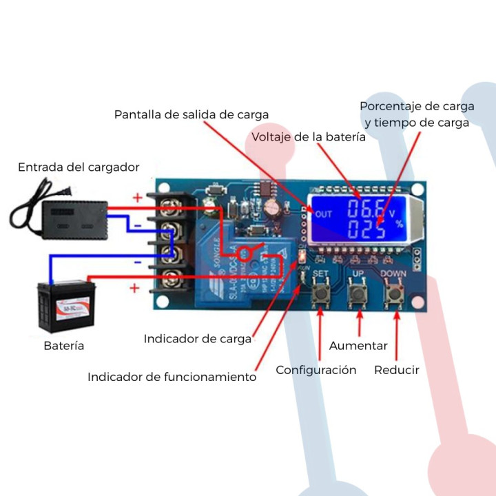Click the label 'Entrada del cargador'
(x=79, y=167)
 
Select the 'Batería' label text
(x=64, y=346)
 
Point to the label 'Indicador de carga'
(x=198, y=339)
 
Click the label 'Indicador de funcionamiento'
(x=172, y=377)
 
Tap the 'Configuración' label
(x=316, y=370)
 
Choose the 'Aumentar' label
(x=358, y=346)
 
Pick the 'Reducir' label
(x=397, y=370)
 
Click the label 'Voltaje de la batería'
(x=309, y=137)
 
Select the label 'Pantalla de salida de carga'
(x=192, y=114)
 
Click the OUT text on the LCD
(x=323, y=214)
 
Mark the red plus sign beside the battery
(x=134, y=288)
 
